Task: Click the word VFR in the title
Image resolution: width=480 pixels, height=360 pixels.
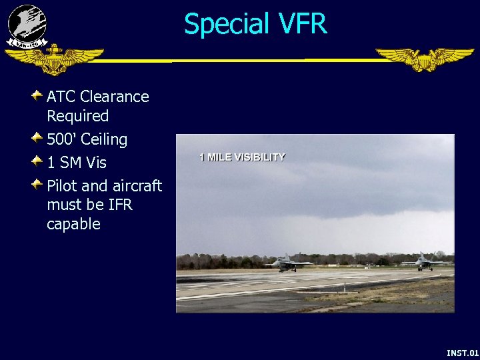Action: [299, 24]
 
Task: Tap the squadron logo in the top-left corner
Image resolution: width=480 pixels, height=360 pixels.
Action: [27, 27]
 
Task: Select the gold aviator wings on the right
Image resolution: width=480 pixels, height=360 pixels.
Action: [424, 59]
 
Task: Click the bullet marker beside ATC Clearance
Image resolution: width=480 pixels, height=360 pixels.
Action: [38, 96]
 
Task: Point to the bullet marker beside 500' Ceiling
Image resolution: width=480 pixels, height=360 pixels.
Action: [38, 139]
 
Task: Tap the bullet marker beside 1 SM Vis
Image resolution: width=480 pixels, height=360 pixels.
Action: [38, 162]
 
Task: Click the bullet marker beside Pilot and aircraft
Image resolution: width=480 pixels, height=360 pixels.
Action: [38, 185]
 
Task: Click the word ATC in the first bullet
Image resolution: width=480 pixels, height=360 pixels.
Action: [60, 97]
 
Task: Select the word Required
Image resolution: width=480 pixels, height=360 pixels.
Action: [77, 116]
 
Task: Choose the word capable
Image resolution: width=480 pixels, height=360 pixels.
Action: [73, 224]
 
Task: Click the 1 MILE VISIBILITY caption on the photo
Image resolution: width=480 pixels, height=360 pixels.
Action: [242, 157]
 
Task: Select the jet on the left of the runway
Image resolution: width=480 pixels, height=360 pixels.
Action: [287, 263]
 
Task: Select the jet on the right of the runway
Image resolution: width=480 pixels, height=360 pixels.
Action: [423, 262]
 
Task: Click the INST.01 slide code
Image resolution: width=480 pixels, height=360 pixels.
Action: [462, 352]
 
